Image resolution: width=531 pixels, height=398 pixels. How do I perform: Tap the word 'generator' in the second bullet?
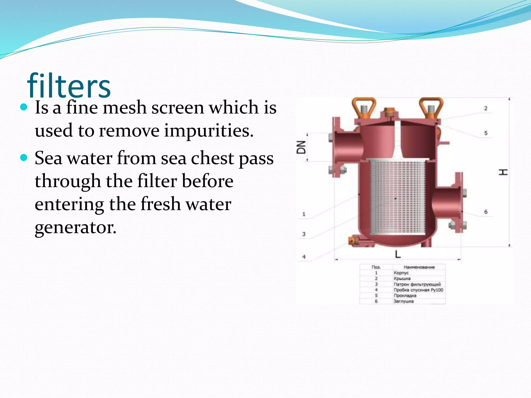[75, 228]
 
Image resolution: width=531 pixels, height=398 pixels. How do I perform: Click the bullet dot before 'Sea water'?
[24, 158]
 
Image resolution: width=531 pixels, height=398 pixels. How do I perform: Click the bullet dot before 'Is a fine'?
[24, 107]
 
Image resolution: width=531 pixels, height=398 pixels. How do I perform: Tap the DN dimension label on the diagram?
[301, 147]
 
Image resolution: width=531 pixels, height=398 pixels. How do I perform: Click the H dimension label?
[503, 172]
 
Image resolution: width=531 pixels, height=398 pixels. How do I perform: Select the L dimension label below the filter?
[398, 254]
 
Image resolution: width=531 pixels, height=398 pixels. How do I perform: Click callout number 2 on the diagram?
[486, 108]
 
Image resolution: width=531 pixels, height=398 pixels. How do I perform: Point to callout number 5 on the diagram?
[486, 133]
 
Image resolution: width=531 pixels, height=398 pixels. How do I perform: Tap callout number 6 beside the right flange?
[486, 212]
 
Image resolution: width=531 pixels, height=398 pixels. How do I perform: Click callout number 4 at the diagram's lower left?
[304, 257]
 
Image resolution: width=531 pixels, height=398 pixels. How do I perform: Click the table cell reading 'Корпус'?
[401, 273]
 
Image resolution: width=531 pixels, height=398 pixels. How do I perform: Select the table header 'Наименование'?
[419, 267]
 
